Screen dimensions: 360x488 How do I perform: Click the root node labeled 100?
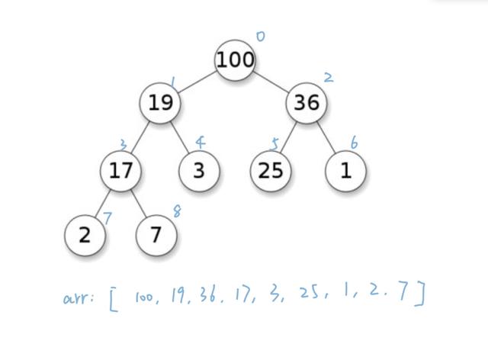coord(235,59)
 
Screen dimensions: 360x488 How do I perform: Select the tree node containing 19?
coord(160,102)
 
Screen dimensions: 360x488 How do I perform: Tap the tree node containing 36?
coord(307,102)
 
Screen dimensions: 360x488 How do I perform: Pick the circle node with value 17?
coord(121,170)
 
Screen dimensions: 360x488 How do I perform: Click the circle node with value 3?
coord(199,170)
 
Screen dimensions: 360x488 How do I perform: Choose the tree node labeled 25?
coord(271,170)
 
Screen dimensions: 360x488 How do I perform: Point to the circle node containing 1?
coord(346,170)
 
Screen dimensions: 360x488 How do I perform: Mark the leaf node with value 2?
coord(84,235)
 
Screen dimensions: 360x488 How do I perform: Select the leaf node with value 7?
coord(156,235)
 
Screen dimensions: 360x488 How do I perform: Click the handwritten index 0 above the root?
coord(260,36)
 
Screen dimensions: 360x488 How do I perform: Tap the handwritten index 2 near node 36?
coord(328,77)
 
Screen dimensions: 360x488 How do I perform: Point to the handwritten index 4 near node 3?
coord(200,143)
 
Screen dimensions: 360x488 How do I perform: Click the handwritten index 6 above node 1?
coord(354,143)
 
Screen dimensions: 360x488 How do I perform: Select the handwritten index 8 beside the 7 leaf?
coord(177,212)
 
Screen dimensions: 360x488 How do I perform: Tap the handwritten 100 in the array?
coord(144,297)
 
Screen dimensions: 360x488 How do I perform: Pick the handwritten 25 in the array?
coord(309,294)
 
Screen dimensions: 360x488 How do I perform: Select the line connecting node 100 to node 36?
coord(271,80)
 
